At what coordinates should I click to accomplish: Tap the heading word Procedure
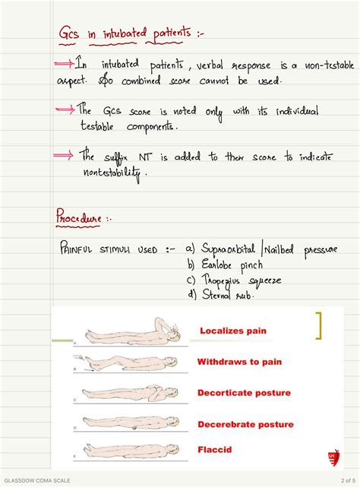[x=78, y=218]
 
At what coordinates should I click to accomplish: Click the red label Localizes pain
[x=233, y=331]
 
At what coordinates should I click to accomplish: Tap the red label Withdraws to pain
[x=239, y=362]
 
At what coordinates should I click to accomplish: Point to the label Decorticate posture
[x=245, y=393]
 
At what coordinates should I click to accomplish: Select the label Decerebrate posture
[x=245, y=424]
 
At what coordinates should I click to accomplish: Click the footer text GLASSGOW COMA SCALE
[x=36, y=482]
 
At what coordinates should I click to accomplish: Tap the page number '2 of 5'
[x=341, y=482]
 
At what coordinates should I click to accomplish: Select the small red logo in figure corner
[x=328, y=455]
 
